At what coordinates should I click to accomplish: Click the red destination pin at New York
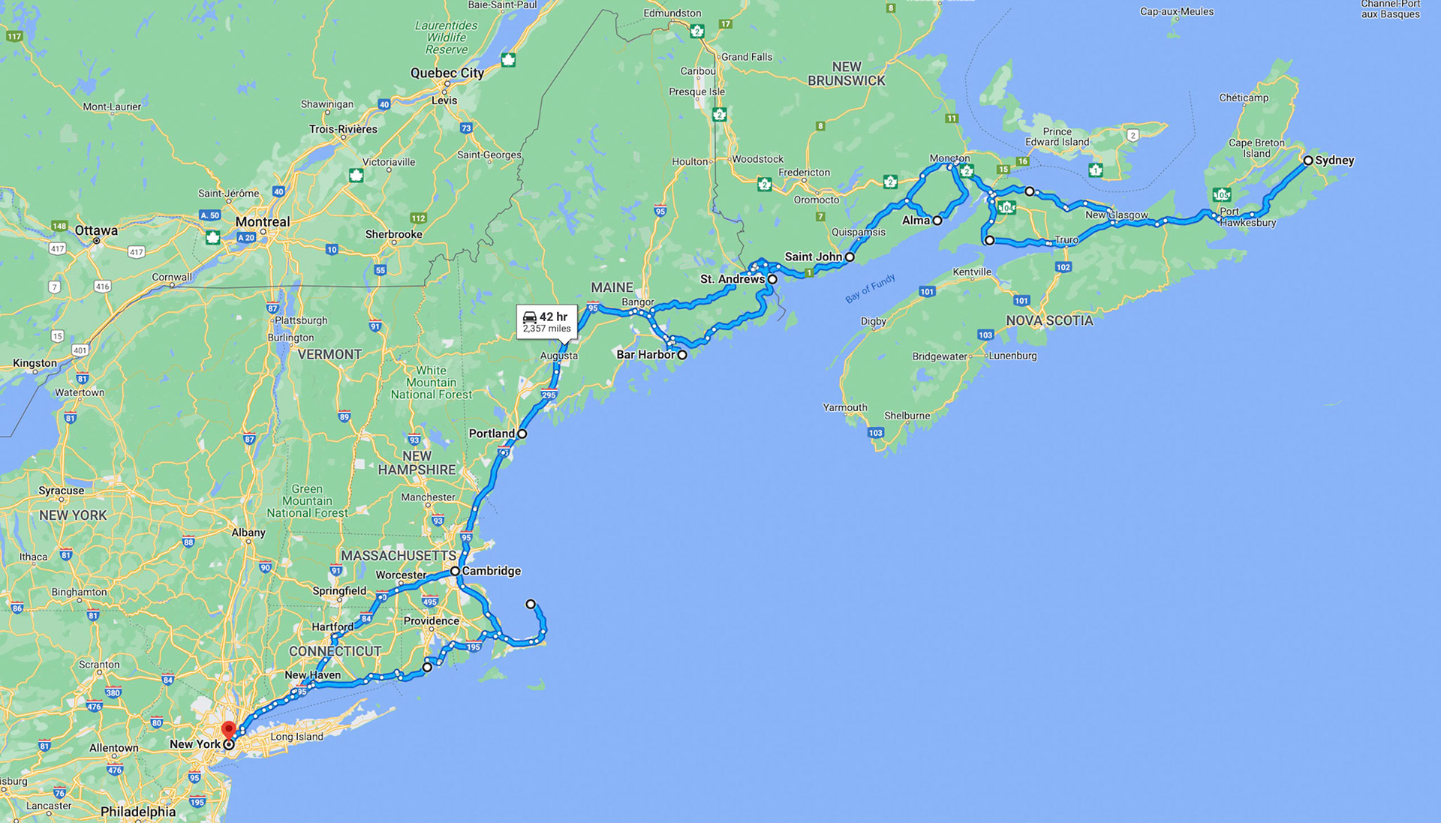pos(229,729)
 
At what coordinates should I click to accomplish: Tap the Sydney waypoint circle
pos(1308,161)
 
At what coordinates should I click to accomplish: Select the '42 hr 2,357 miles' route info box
pos(547,322)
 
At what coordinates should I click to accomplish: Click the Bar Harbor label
pos(645,355)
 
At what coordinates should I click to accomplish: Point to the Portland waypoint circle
pos(522,434)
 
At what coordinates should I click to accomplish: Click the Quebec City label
pos(447,74)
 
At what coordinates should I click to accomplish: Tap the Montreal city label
pos(262,222)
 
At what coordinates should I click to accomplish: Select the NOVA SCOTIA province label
pos(1049,321)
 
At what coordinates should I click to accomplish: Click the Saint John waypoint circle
pos(850,257)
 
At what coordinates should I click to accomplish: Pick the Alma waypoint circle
pos(937,221)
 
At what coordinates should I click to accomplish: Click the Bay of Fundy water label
pos(870,289)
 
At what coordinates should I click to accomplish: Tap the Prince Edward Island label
pos(1057,137)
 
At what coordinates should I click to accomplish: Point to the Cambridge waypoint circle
pos(455,572)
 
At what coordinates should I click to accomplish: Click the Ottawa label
pos(96,231)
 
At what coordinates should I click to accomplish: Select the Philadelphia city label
pos(138,812)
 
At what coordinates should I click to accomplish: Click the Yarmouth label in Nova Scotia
pos(845,408)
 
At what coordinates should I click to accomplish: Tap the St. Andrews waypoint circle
pos(772,279)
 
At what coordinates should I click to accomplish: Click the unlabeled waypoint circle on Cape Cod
pos(531,604)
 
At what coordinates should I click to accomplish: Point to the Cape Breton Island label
pos(1256,148)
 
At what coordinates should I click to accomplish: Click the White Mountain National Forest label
pos(432,383)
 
